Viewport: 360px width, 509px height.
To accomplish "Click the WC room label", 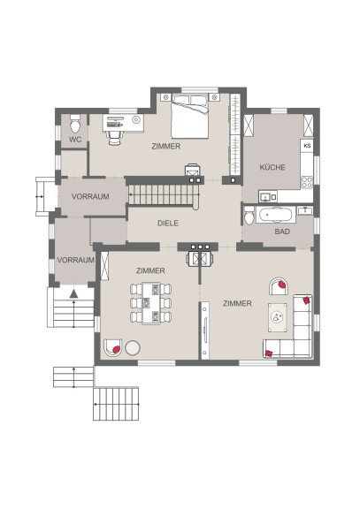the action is pos(74,140).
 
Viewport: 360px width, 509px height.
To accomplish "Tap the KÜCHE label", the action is pos(272,167).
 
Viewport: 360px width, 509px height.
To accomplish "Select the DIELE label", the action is pos(168,223).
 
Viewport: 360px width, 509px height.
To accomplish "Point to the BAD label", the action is pos(282,232).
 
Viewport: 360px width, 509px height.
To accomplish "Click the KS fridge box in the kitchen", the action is pos(307,146).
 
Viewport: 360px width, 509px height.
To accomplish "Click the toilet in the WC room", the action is pos(75,124).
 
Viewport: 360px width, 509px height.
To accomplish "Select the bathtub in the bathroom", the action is pos(276,215).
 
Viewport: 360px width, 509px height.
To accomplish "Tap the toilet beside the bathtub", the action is pos(249,215).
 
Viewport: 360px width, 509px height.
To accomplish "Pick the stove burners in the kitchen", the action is pos(307,182).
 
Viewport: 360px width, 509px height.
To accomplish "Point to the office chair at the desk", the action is pos(115,138).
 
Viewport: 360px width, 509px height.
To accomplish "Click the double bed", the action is pos(190,117).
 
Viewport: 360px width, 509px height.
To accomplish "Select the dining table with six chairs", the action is pos(151,303).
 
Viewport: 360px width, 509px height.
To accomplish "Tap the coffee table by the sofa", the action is pos(278,317).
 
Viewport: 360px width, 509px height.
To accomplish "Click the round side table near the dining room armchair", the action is pos(133,347).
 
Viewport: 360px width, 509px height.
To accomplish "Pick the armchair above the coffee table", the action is pos(279,286).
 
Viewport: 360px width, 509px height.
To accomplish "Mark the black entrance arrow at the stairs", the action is pos(73,293).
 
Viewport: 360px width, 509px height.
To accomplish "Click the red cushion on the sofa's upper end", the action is pos(306,300).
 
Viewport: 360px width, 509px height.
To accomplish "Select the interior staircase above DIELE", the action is pos(163,195).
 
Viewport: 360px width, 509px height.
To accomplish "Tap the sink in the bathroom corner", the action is pos(305,210).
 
